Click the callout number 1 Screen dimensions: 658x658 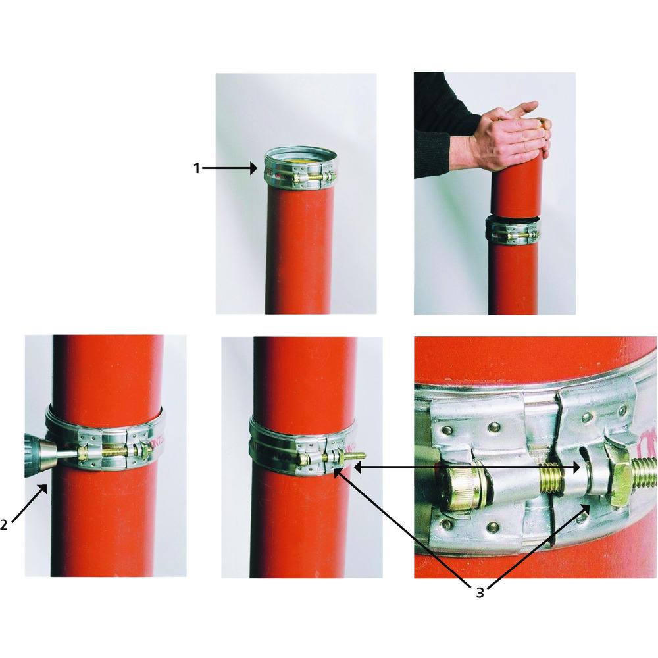(x=196, y=168)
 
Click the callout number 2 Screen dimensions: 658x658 (x=4, y=524)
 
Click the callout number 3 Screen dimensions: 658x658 (x=480, y=593)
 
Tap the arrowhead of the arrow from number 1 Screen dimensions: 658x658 (x=253, y=168)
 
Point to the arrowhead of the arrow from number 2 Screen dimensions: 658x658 (x=43, y=488)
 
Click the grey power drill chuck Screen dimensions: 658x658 (x=40, y=455)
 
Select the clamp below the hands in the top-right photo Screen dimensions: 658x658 (x=512, y=231)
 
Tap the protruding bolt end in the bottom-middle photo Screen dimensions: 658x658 (x=355, y=455)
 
